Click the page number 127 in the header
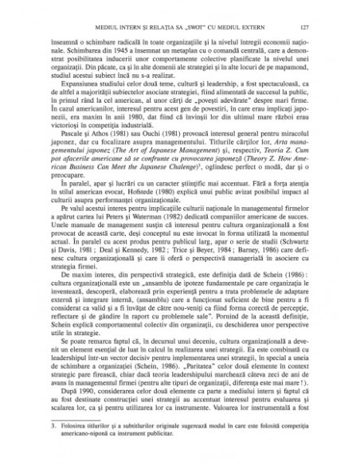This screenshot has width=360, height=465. [315, 28]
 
